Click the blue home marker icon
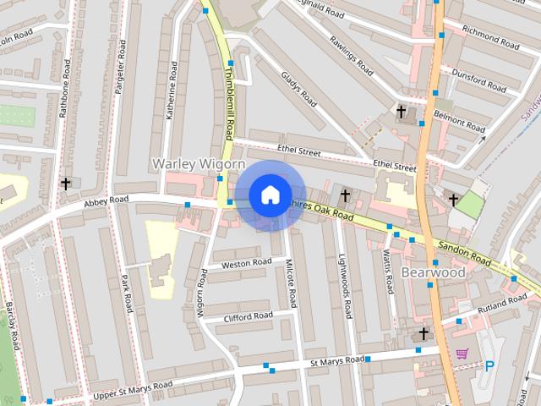click(270, 195)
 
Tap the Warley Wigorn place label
click(198, 162)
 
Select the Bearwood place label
click(433, 273)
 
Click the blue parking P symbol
click(489, 366)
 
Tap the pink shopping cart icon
click(462, 353)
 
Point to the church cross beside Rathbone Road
click(65, 183)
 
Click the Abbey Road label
click(106, 200)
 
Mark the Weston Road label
click(246, 263)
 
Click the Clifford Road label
click(249, 316)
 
